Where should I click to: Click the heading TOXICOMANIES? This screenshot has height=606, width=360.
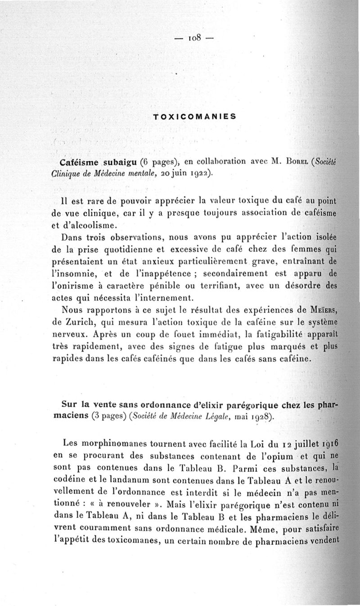point(194,116)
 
